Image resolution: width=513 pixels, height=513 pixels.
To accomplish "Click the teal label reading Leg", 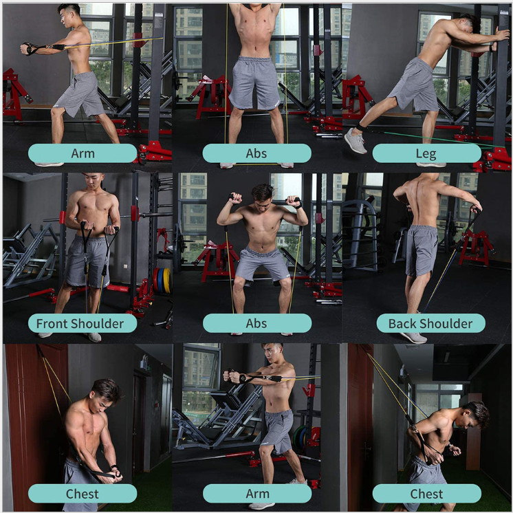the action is tap(426, 153).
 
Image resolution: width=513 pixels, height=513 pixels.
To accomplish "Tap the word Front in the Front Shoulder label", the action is tap(52, 324).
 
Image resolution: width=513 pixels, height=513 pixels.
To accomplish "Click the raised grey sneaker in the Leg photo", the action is tap(356, 141).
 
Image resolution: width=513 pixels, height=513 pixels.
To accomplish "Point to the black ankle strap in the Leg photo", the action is tap(362, 127).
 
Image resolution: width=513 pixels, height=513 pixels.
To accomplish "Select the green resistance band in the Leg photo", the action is tap(441, 139).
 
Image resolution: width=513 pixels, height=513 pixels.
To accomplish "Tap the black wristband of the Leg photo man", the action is tap(491, 48).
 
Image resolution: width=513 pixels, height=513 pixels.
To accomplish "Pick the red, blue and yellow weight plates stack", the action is tap(162, 281).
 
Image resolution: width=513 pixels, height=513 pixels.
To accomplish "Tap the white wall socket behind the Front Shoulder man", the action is tap(125, 266).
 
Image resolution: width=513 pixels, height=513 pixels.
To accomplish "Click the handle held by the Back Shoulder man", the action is tap(474, 210).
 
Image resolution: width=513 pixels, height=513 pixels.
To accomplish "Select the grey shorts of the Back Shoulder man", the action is tap(421, 250).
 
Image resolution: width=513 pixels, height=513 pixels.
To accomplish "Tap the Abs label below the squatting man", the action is tap(256, 323).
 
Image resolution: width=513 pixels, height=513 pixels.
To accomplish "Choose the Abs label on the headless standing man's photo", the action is tap(256, 153).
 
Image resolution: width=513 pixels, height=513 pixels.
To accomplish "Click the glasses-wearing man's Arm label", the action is tap(83, 153).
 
